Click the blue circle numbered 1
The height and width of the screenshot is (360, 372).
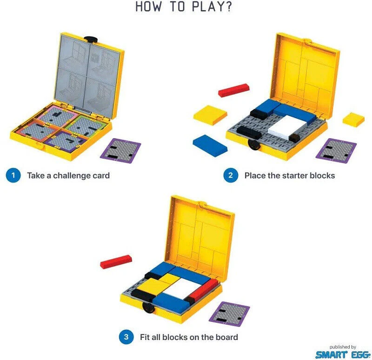13,175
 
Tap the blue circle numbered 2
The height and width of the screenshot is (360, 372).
231,175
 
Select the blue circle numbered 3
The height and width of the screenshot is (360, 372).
126,337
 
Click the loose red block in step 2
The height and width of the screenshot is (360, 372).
234,90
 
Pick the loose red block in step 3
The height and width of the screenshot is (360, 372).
116,262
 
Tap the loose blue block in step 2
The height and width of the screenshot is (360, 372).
210,146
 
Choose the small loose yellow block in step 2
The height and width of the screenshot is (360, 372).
353,120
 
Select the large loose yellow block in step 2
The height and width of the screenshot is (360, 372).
210,115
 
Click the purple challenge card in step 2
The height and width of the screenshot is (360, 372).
336,151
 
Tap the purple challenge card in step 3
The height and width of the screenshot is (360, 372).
229,314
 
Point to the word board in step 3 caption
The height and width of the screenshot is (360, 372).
226,337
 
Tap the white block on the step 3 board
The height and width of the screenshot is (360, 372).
182,288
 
